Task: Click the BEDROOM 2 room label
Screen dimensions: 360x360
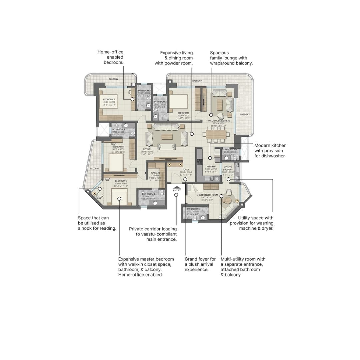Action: tap(109, 100)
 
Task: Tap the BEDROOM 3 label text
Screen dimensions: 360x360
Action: tap(183, 113)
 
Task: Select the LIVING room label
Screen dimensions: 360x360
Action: tap(147, 149)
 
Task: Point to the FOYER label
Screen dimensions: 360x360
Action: tap(186, 170)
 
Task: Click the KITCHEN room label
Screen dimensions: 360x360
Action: tap(211, 167)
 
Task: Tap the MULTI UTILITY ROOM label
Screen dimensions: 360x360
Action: tap(207, 195)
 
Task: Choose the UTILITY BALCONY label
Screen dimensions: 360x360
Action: tap(228, 168)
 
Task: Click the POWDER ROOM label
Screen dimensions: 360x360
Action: tap(230, 150)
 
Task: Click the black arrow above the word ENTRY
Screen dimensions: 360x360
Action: tap(177, 187)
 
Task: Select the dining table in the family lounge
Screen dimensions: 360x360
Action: tap(216, 134)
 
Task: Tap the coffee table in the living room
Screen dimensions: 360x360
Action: tap(167, 137)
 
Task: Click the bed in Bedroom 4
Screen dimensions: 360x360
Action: tap(116, 162)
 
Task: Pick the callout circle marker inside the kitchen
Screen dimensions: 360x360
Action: tap(210, 158)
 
